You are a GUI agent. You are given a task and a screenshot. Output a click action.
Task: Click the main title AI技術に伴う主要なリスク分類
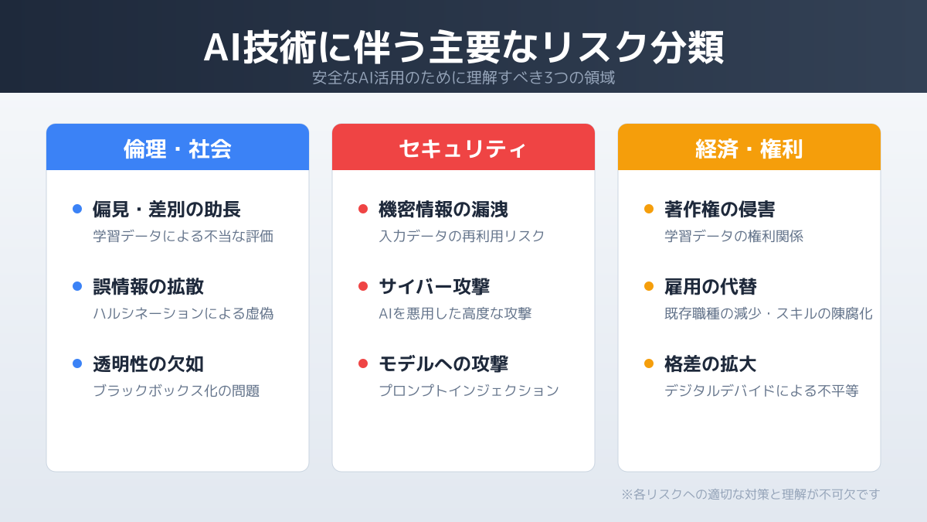pyautogui.click(x=463, y=48)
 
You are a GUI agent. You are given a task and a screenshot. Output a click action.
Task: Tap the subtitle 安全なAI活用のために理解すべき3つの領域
pyautogui.click(x=463, y=78)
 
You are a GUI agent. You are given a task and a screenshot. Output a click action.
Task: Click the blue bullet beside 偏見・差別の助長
pyautogui.click(x=77, y=209)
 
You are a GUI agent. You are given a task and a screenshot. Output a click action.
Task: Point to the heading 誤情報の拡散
pyautogui.click(x=148, y=287)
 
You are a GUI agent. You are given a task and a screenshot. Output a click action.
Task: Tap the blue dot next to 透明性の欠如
pyautogui.click(x=77, y=363)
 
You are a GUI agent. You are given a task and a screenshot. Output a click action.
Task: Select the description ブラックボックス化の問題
pyautogui.click(x=176, y=391)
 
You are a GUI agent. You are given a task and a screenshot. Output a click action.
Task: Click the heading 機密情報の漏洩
pyautogui.click(x=443, y=210)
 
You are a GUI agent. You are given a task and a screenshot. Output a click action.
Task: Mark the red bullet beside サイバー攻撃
pyautogui.click(x=363, y=286)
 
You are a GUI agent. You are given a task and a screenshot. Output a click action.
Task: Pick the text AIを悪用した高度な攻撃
pyautogui.click(x=455, y=313)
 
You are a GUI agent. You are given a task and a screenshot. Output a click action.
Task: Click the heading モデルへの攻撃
pyautogui.click(x=443, y=364)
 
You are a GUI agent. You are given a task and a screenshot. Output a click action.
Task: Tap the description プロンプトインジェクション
pyautogui.click(x=469, y=391)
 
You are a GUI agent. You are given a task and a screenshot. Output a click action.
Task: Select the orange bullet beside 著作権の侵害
pyautogui.click(x=649, y=209)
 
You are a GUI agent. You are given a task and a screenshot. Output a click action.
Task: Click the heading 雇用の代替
pyautogui.click(x=711, y=287)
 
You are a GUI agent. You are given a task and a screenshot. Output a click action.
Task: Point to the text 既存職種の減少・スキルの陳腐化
pyautogui.click(x=769, y=313)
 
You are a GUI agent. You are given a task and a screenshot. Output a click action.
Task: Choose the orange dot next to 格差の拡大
pyautogui.click(x=649, y=363)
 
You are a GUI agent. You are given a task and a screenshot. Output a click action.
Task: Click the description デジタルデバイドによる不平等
pyautogui.click(x=762, y=391)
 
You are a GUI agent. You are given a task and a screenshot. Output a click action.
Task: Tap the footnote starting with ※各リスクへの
pyautogui.click(x=751, y=494)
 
